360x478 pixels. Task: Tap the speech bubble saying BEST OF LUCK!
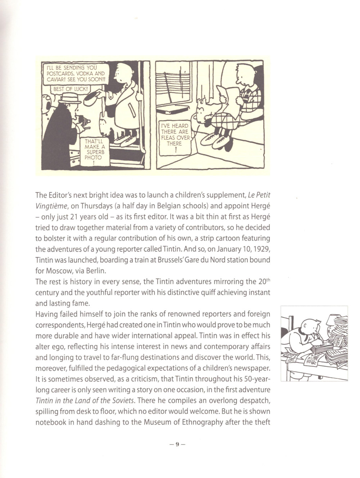pyautogui.click(x=71, y=88)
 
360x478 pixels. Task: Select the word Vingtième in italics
pyautogui.click(x=50, y=206)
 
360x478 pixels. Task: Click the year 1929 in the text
pyautogui.click(x=261, y=249)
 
